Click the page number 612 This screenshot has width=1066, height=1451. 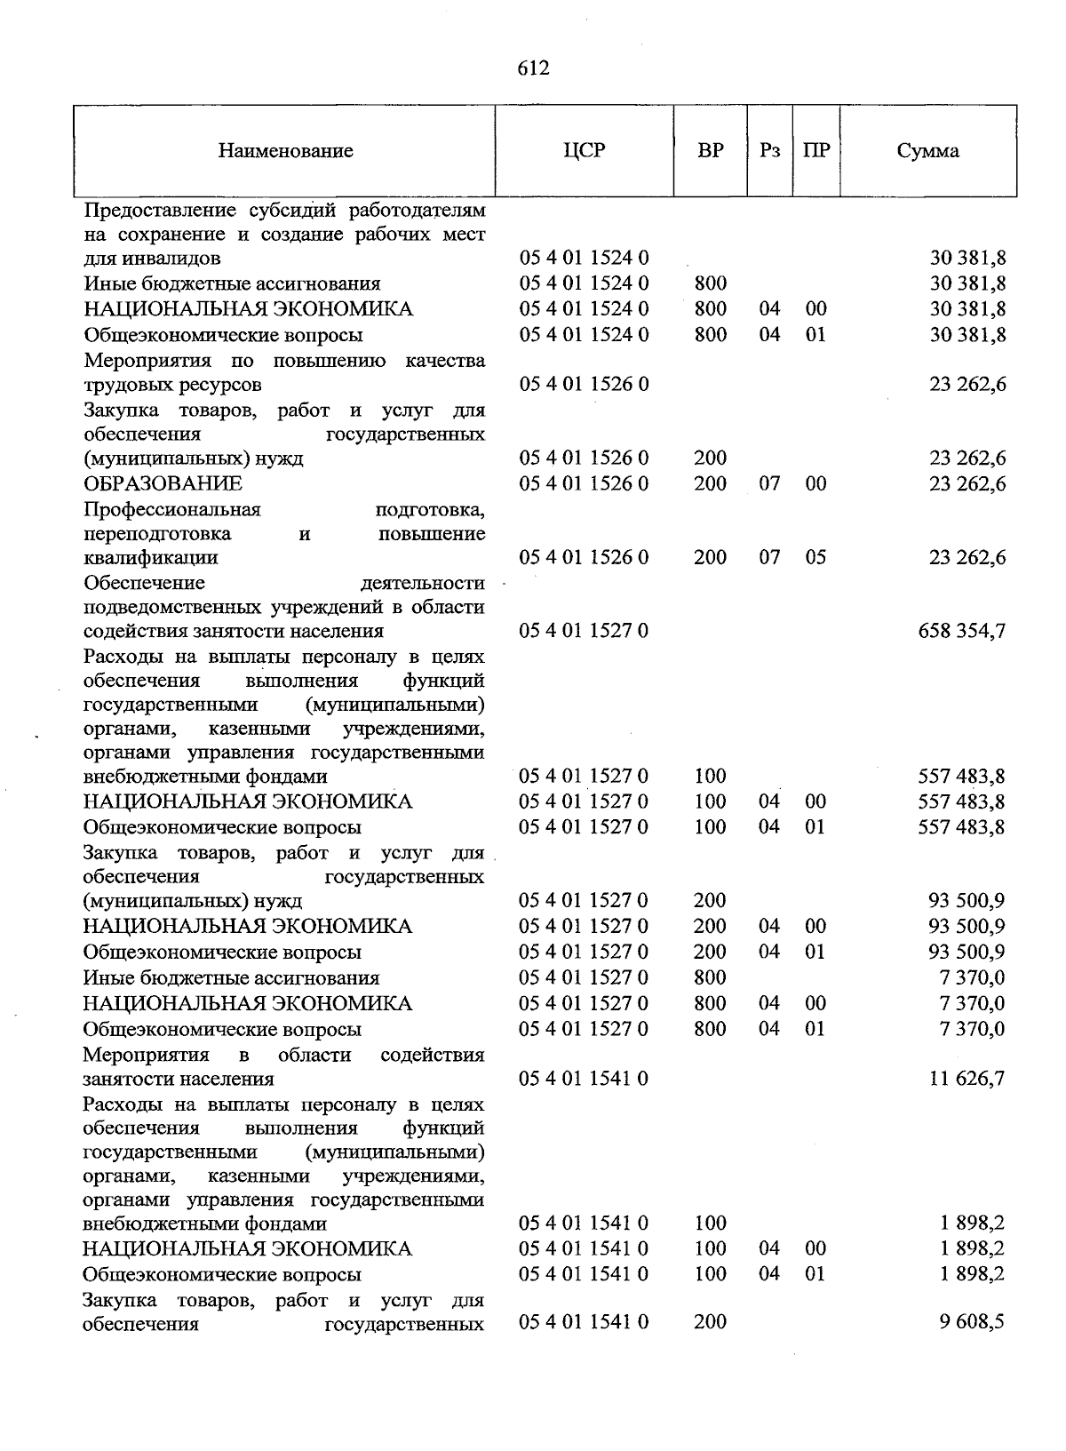[x=533, y=68]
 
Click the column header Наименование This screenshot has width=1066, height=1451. [x=285, y=151]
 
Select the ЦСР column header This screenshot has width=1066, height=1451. [x=584, y=150]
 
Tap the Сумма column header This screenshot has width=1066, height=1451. [x=927, y=151]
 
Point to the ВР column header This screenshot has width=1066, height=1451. [x=711, y=150]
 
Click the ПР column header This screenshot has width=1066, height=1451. [x=815, y=150]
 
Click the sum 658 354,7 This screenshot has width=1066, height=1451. [x=961, y=632]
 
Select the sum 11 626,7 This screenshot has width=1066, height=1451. [x=967, y=1080]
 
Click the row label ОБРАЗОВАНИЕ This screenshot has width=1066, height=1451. [x=163, y=484]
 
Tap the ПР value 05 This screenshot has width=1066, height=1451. [x=815, y=558]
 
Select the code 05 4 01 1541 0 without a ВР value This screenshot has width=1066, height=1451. [x=584, y=1080]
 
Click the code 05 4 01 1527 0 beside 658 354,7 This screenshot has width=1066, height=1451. [x=584, y=632]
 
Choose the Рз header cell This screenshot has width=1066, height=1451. [x=769, y=150]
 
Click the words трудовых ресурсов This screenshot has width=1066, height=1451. [x=172, y=386]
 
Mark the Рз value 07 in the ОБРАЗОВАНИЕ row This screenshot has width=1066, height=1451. [x=769, y=484]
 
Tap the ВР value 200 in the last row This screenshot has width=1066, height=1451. [x=710, y=1322]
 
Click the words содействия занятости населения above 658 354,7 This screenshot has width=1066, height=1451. [x=234, y=632]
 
